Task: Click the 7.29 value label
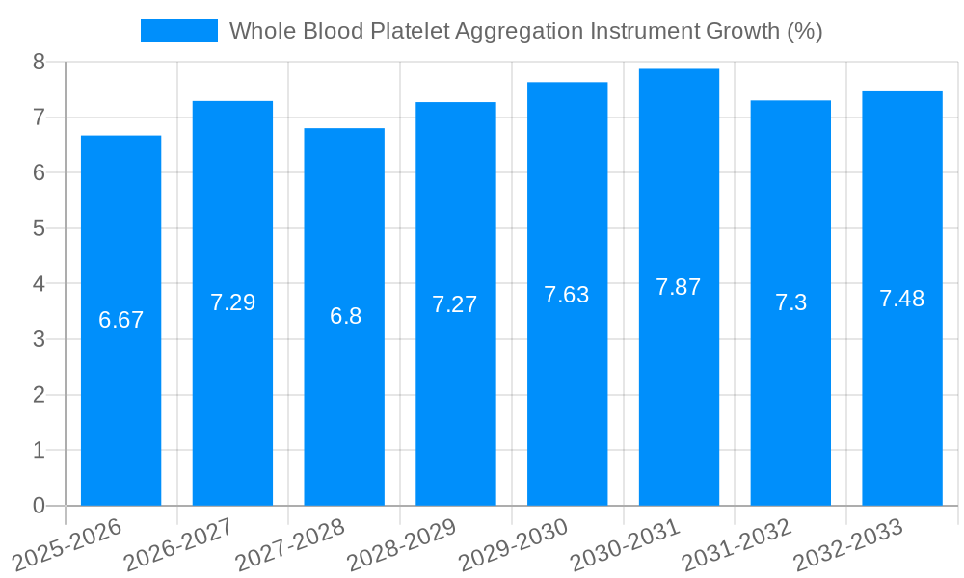[x=232, y=302]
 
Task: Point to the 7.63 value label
[x=567, y=295]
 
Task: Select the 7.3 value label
[x=790, y=303]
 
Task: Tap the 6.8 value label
[x=345, y=316]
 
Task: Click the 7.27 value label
[x=455, y=304]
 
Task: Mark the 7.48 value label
[x=901, y=299]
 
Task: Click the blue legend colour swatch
[x=179, y=31]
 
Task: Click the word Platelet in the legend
[x=411, y=31]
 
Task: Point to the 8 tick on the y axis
[x=39, y=62]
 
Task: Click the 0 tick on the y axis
[x=39, y=506]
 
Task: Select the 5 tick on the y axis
[x=39, y=228]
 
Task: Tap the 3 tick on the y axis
[x=39, y=339]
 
